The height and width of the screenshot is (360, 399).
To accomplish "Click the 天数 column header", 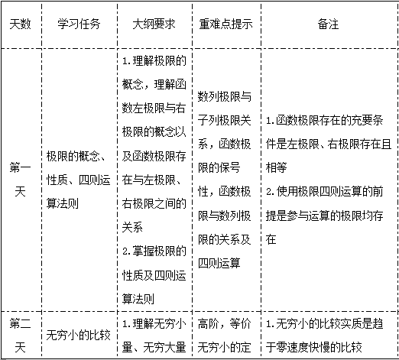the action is (x=20, y=24).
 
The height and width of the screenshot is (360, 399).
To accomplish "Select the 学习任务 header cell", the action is (x=79, y=24).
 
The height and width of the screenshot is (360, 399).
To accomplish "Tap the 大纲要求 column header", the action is (x=154, y=24).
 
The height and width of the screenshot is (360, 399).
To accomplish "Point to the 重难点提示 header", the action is (x=225, y=24).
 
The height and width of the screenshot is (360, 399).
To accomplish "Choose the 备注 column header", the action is (x=328, y=24).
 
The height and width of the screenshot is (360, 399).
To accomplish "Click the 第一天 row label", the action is (x=20, y=180).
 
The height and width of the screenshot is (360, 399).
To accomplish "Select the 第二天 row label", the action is (x=20, y=336).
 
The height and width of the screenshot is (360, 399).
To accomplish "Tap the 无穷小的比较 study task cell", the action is (x=78, y=336).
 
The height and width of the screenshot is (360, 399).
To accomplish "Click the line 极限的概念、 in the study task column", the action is (x=76, y=156).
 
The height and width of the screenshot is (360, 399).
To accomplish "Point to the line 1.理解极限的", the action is (x=154, y=60).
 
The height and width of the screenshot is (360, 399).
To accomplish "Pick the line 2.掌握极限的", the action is (x=154, y=251).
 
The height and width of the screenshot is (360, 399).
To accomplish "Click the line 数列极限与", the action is (x=225, y=96).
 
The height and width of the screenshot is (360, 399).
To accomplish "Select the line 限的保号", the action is (x=219, y=167).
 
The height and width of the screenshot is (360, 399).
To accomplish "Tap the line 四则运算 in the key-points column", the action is (x=219, y=263).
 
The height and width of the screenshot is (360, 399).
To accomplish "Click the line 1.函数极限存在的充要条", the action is (x=324, y=120).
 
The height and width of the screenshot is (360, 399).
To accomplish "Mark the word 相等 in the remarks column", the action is (x=276, y=167).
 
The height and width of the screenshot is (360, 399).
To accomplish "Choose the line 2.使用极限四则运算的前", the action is (x=324, y=192).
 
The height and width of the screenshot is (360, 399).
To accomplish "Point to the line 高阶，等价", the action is (x=225, y=324).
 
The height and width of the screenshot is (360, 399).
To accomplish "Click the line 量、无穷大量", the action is (x=154, y=348).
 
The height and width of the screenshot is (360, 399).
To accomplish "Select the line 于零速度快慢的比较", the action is (x=314, y=348).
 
